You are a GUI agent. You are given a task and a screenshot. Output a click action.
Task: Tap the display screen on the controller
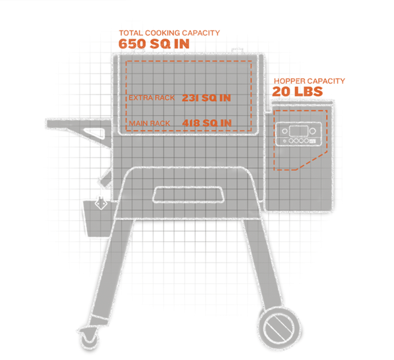[297, 129]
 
